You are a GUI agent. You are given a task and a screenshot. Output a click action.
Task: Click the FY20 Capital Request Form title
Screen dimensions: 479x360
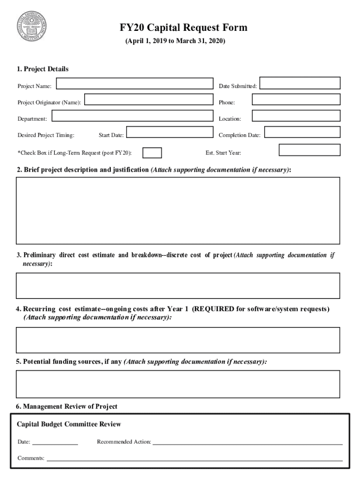pyautogui.click(x=183, y=28)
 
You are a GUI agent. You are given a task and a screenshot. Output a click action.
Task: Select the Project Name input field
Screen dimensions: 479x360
pyautogui.click(x=135, y=84)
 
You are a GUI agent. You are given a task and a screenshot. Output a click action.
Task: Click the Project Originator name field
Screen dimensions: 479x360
pyautogui.click(x=148, y=100)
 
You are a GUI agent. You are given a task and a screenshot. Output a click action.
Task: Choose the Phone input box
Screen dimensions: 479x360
pyautogui.click(x=296, y=100)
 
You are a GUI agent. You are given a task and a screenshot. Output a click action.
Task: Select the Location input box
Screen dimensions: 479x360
pyautogui.click(x=296, y=116)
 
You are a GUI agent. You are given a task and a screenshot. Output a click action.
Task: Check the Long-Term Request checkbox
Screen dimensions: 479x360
pyautogui.click(x=152, y=153)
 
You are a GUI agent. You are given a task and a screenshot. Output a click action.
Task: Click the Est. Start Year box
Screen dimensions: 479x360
pyautogui.click(x=310, y=150)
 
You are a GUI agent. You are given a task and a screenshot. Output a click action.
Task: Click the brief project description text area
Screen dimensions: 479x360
pyautogui.click(x=178, y=210)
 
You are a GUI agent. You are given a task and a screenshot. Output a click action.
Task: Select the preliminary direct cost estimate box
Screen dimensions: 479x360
pyautogui.click(x=178, y=285)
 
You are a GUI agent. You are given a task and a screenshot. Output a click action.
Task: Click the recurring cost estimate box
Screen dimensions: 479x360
pyautogui.click(x=178, y=340)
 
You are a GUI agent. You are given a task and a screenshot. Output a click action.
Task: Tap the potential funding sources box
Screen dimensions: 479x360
pyautogui.click(x=178, y=384)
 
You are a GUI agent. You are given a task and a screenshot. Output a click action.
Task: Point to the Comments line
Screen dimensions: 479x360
pyautogui.click(x=194, y=459)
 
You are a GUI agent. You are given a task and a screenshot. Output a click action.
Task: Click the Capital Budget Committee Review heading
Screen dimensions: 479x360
pyautogui.click(x=69, y=424)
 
